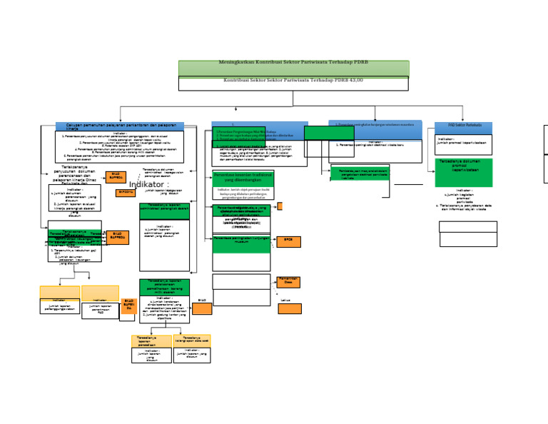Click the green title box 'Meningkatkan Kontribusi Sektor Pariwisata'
(293, 67)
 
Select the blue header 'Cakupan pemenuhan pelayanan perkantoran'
(119, 126)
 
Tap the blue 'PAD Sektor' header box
(463, 128)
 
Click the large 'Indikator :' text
(148, 184)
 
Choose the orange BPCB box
(288, 241)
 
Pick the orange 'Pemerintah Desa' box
(288, 282)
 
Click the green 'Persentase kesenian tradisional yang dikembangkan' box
(243, 178)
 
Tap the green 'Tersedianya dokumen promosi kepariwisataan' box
(463, 172)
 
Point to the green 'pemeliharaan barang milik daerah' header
(164, 287)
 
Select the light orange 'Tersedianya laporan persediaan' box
(151, 341)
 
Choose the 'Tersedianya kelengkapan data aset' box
(192, 341)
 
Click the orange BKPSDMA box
(126, 192)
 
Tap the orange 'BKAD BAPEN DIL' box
(128, 306)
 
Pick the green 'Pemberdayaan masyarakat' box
(360, 173)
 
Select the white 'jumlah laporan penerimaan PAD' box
(100, 309)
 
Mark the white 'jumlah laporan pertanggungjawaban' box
(59, 306)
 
